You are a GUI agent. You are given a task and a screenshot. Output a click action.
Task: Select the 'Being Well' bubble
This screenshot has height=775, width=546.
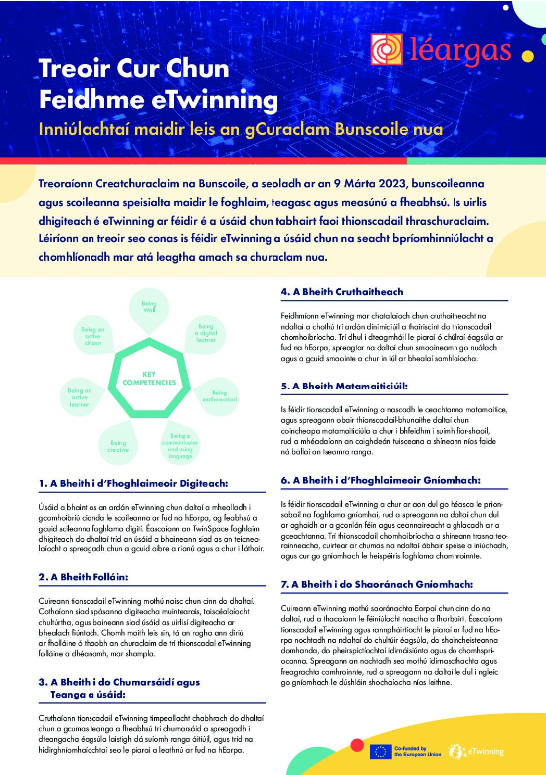pos(149,305)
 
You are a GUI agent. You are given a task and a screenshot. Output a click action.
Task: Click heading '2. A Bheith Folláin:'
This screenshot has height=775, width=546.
pos(88,576)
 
